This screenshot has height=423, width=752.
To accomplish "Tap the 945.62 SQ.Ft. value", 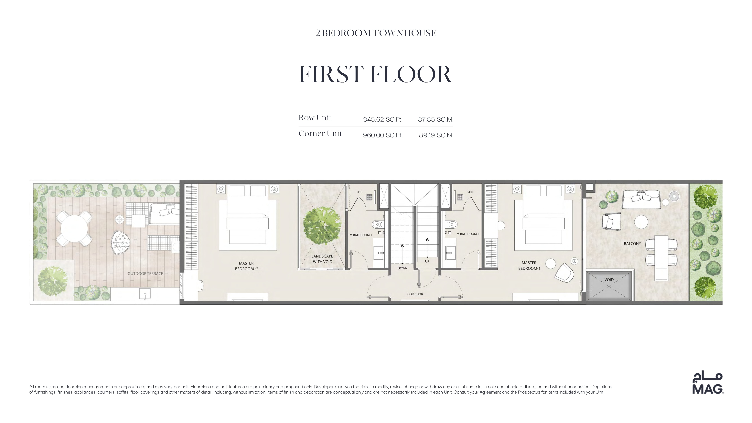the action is click(x=383, y=119).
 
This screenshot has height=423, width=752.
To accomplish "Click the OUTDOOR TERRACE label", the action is click(x=145, y=274).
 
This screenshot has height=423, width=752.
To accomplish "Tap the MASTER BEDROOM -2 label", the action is click(x=246, y=266).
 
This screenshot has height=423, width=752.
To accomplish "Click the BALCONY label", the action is click(x=632, y=244).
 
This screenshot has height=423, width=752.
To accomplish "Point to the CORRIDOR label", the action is click(x=415, y=294).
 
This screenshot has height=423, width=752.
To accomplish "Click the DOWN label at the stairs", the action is click(x=402, y=268).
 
